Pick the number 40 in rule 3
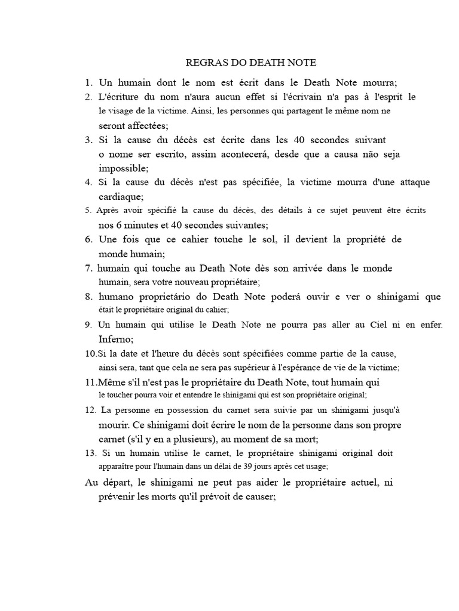[x=299, y=140]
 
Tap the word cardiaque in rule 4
[x=120, y=196]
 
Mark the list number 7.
[x=88, y=269]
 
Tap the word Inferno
[x=116, y=339]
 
